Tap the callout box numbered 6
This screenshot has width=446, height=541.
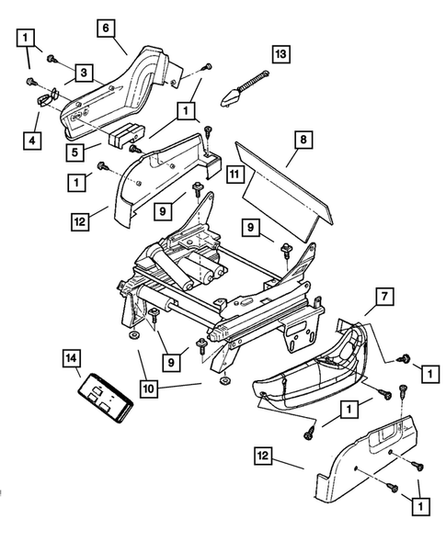(108, 29)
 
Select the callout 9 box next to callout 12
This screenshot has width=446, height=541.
(160, 211)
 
